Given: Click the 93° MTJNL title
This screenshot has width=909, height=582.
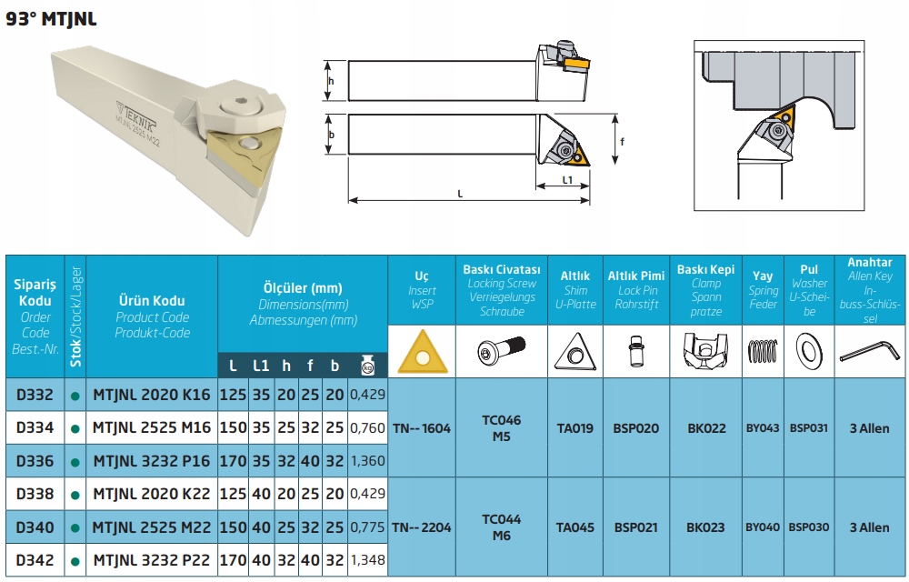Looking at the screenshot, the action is click(x=51, y=18).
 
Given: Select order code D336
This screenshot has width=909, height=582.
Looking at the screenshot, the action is click(x=35, y=461).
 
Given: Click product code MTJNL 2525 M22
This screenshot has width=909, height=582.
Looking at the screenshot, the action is click(x=152, y=527).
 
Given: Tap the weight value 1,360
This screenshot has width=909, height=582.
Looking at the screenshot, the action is click(x=367, y=461).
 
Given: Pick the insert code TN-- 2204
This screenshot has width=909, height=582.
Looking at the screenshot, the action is click(x=422, y=527).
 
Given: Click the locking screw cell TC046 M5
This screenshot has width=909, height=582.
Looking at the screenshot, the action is click(x=502, y=427).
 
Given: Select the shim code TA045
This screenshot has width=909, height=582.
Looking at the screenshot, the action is click(x=575, y=527).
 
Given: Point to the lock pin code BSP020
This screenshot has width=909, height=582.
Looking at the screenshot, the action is click(x=636, y=428).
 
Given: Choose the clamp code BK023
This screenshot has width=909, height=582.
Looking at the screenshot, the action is click(x=705, y=527).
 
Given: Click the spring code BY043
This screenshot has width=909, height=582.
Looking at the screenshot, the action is click(x=763, y=428).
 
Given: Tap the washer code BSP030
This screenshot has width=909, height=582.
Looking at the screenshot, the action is click(x=809, y=527).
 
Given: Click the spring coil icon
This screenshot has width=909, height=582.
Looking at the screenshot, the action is click(x=763, y=351).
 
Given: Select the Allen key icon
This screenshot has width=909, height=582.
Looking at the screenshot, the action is click(x=870, y=351).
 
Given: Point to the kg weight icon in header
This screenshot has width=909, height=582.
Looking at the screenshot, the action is click(x=367, y=366).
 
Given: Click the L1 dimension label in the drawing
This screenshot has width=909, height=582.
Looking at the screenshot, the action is click(x=567, y=180).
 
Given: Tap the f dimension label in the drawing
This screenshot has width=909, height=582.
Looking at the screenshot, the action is click(x=622, y=141).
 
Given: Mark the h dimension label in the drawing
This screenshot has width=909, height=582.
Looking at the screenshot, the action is click(x=331, y=81).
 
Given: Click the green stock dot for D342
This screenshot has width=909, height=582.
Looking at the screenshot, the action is click(x=75, y=561).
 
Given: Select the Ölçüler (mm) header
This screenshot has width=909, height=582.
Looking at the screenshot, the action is click(x=303, y=288).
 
